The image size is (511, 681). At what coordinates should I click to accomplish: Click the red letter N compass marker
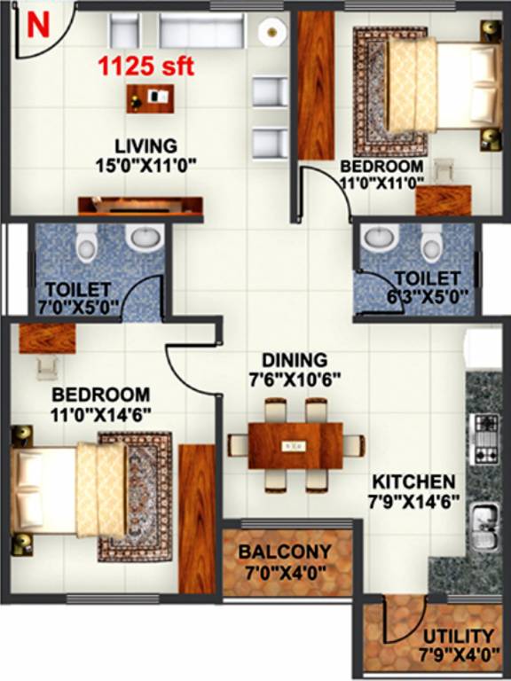pyautogui.click(x=37, y=26)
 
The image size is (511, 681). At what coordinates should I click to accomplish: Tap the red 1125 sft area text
pyautogui.click(x=146, y=67)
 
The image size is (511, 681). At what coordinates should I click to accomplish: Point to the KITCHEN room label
pyautogui.click(x=413, y=490)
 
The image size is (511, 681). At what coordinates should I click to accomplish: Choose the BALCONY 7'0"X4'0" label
pyautogui.click(x=286, y=560)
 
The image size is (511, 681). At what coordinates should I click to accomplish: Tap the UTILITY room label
pyautogui.click(x=458, y=646)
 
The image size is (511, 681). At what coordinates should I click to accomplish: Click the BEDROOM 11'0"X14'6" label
pyautogui.click(x=100, y=403)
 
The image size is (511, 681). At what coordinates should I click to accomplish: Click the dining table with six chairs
pyautogui.click(x=295, y=443)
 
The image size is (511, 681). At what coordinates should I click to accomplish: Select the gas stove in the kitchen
pyautogui.click(x=486, y=440)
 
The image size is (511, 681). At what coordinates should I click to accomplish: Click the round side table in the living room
pyautogui.click(x=270, y=32)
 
